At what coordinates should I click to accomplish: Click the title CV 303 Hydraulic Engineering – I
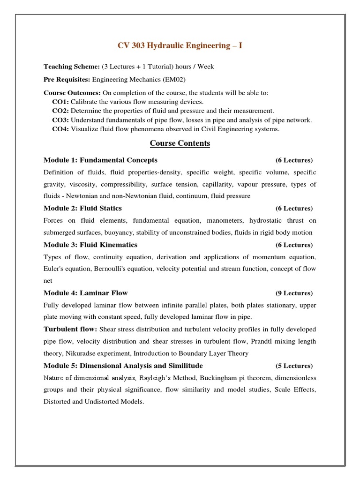180,45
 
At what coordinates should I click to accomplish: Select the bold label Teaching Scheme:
72,67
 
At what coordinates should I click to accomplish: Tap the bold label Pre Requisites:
67,80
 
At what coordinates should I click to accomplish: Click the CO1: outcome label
60,102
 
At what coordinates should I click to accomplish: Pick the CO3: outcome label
60,120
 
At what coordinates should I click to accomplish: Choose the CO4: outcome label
60,129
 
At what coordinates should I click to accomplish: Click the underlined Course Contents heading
180,143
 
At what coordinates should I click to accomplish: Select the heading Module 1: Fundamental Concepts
100,160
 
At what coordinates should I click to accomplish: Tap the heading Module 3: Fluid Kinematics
90,245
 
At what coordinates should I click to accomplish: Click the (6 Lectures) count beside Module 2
294,208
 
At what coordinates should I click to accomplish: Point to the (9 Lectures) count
294,293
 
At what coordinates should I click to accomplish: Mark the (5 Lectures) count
294,366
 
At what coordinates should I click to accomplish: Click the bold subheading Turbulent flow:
71,330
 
